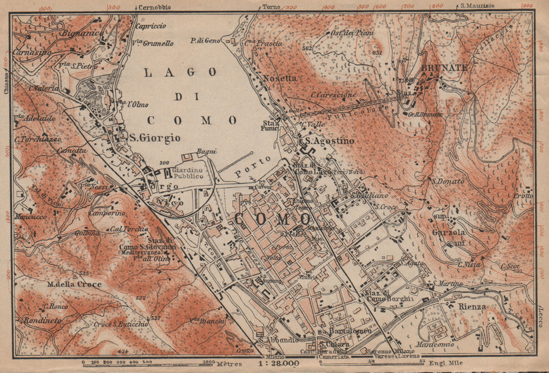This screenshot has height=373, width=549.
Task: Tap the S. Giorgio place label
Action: coord(155,138)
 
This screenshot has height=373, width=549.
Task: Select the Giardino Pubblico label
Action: coord(187,173)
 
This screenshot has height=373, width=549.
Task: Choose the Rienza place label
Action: coord(472,307)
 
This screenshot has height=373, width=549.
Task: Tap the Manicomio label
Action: coord(436,344)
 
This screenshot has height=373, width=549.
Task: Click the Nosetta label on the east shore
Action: coord(279,78)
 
